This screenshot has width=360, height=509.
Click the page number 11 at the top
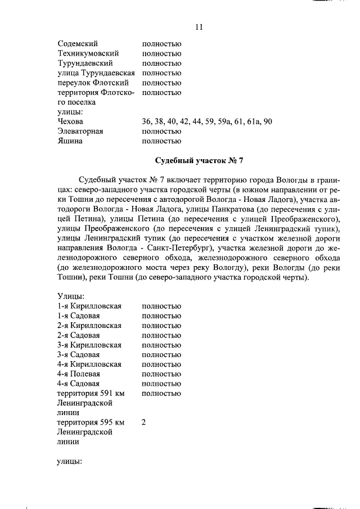pyautogui.click(x=198, y=27)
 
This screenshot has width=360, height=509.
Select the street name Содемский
pyautogui.click(x=78, y=43)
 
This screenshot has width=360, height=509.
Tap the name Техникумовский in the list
pyautogui.click(x=88, y=53)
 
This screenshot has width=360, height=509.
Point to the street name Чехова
pyautogui.click(x=70, y=121)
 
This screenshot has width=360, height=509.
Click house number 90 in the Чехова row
pyautogui.click(x=268, y=121)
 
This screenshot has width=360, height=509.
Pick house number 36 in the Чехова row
pyautogui.click(x=147, y=121)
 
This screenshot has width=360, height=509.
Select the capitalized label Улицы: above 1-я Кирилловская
pyautogui.click(x=71, y=296)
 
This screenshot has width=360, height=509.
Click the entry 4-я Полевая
pyautogui.click(x=79, y=374)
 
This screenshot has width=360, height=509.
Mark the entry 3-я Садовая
pyautogui.click(x=79, y=354)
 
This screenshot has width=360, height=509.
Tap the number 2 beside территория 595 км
pyautogui.click(x=144, y=422)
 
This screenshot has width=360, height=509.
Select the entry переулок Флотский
pyautogui.click(x=89, y=83)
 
